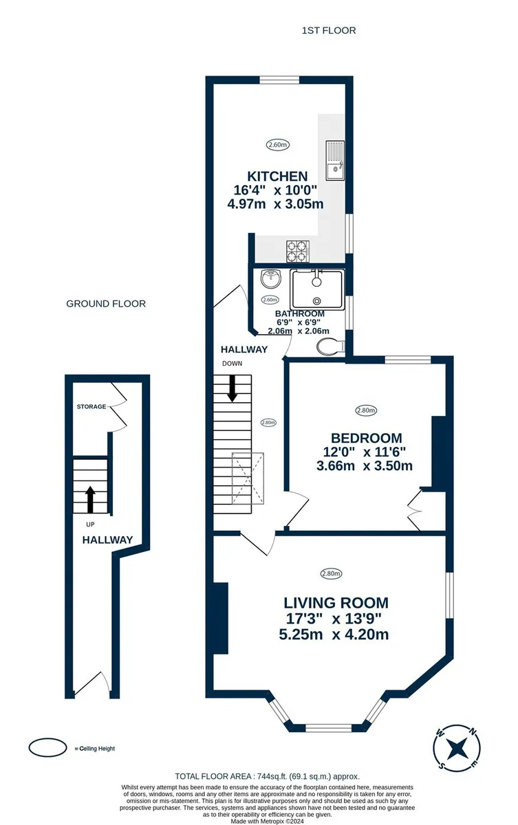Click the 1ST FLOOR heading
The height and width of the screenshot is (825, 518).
pyautogui.click(x=329, y=30)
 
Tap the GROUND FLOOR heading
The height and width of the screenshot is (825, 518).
pyautogui.click(x=106, y=304)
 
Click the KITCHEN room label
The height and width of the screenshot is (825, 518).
pyautogui.click(x=277, y=176)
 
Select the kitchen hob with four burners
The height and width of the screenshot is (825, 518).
pyautogui.click(x=298, y=251)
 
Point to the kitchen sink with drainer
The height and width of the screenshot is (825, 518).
pyautogui.click(x=335, y=160)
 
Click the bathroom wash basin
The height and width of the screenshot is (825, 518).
pyautogui.click(x=271, y=279)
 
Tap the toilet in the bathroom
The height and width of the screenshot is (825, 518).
pyautogui.click(x=330, y=346)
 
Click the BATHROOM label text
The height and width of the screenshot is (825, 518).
pyautogui.click(x=299, y=313)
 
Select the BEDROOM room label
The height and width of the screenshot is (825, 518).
pyautogui.click(x=366, y=438)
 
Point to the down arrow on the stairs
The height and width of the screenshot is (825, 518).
pyautogui.click(x=232, y=388)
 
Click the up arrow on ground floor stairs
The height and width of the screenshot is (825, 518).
pyautogui.click(x=90, y=499)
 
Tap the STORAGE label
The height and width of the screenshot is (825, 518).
pyautogui.click(x=91, y=406)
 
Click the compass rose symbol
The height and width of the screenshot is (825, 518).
pyautogui.click(x=457, y=749)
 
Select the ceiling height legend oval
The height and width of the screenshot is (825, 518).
pyautogui.click(x=47, y=749)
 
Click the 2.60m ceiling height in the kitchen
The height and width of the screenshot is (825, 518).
pyautogui.click(x=277, y=145)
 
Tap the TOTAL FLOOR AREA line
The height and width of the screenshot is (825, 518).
pyautogui.click(x=267, y=776)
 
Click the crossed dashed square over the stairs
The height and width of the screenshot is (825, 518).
pyautogui.click(x=248, y=478)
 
